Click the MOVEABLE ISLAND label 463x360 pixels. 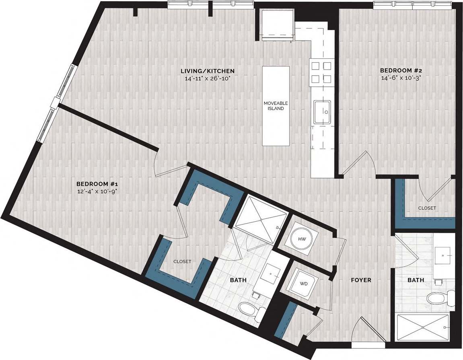point(276,106)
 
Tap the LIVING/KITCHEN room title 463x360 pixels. point(207,71)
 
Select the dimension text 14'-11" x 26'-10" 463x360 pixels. point(207,78)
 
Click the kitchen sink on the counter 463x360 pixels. point(323,111)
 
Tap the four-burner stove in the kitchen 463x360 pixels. point(321,72)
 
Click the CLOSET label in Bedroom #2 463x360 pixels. point(427,208)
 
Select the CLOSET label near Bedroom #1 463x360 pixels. point(182,261)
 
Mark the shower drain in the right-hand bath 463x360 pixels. point(423,327)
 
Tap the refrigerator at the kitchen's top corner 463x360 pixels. point(278,25)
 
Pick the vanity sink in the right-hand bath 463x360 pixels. point(443,255)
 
